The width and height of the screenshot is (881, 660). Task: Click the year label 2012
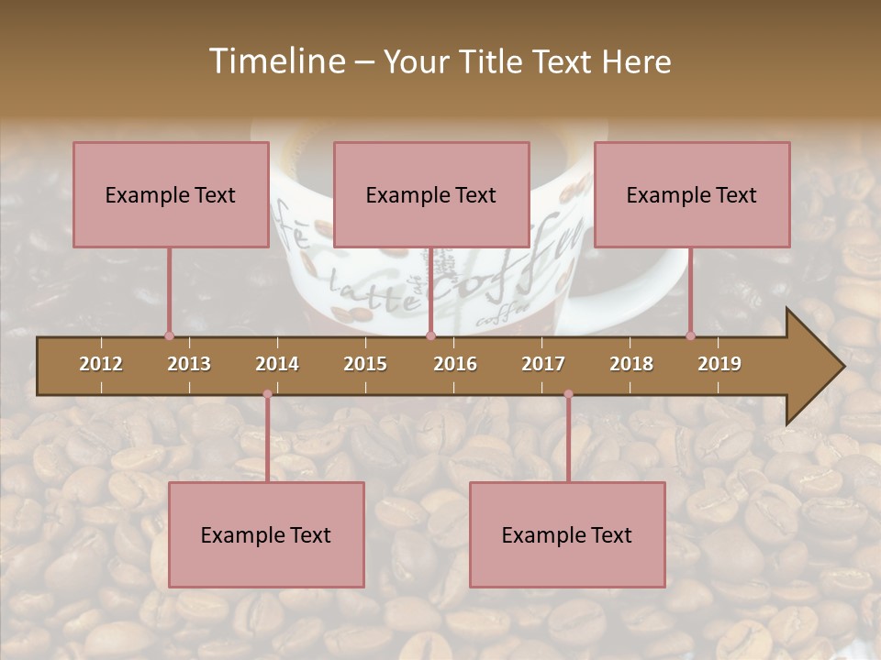(x=101, y=364)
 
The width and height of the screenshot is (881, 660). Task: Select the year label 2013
(x=189, y=364)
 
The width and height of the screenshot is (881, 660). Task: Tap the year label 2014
(x=277, y=364)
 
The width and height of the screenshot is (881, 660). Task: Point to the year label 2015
(x=365, y=364)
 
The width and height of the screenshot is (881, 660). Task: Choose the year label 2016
(x=455, y=364)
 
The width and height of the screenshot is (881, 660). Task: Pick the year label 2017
(x=543, y=364)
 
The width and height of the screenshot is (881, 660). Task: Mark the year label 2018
(x=631, y=364)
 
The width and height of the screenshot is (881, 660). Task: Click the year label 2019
(x=719, y=364)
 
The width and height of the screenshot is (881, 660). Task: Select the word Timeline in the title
(x=275, y=61)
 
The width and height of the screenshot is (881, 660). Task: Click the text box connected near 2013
(x=171, y=194)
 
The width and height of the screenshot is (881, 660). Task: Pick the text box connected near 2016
(x=431, y=194)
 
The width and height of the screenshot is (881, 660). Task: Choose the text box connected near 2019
(x=692, y=194)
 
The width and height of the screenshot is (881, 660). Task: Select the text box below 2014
(x=266, y=534)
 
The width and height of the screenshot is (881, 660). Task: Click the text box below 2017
(x=567, y=534)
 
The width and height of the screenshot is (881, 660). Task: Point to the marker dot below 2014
(x=267, y=394)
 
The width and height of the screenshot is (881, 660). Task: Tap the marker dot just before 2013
(x=169, y=335)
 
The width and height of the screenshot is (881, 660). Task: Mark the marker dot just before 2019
(x=690, y=335)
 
